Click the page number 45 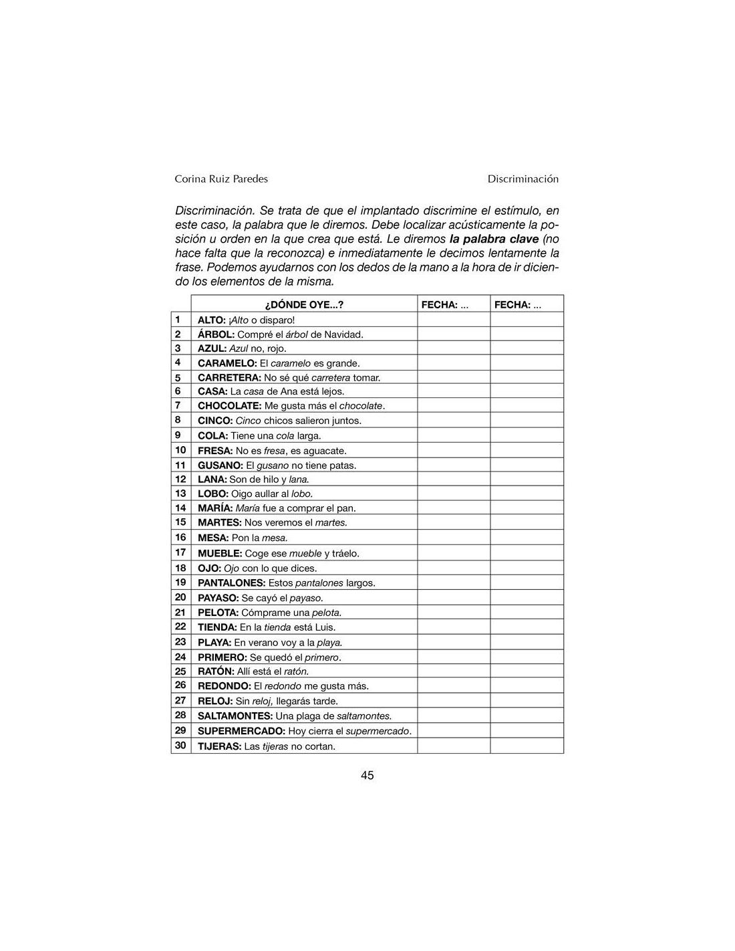(367, 775)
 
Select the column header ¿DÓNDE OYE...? (304, 305)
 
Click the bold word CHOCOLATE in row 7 (229, 406)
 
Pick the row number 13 (180, 494)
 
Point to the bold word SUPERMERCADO (241, 731)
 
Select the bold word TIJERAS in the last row (219, 746)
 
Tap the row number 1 (178, 320)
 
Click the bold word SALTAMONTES (235, 716)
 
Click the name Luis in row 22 (325, 627)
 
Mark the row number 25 (180, 671)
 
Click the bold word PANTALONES (231, 583)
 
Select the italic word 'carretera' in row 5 (331, 378)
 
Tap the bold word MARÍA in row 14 (215, 508)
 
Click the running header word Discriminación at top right (523, 179)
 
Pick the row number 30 (180, 746)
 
